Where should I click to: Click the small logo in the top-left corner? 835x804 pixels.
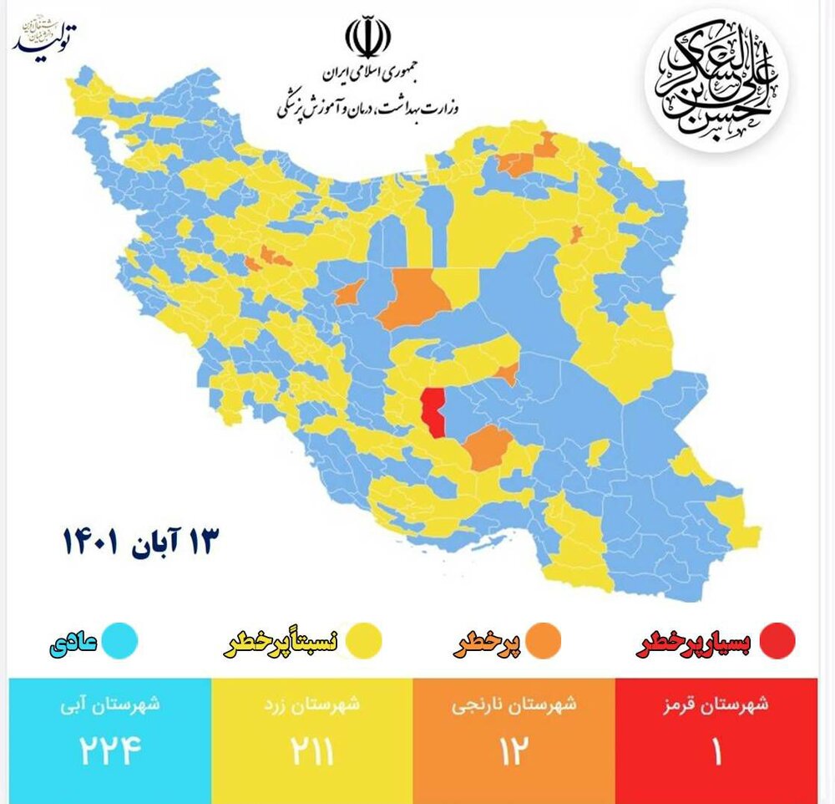(x=46, y=38)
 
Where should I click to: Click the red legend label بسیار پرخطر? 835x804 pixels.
(x=694, y=644)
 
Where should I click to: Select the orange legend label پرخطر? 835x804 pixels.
(x=487, y=644)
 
